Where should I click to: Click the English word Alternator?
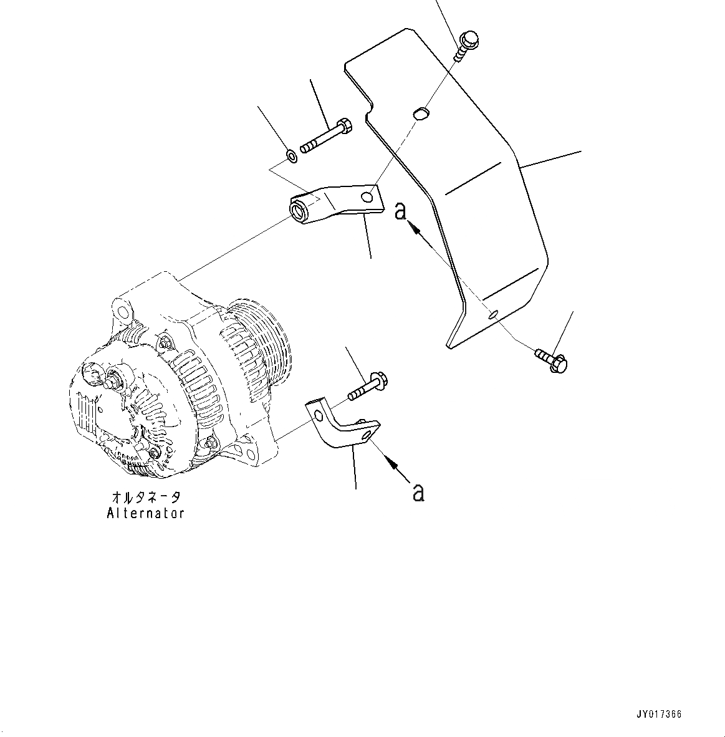pyautogui.click(x=146, y=513)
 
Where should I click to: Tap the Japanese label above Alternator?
pyautogui.click(x=146, y=498)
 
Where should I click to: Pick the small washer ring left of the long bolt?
pyautogui.click(x=291, y=155)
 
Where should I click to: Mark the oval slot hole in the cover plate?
pyautogui.click(x=421, y=112)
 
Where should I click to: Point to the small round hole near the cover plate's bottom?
pyautogui.click(x=493, y=314)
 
